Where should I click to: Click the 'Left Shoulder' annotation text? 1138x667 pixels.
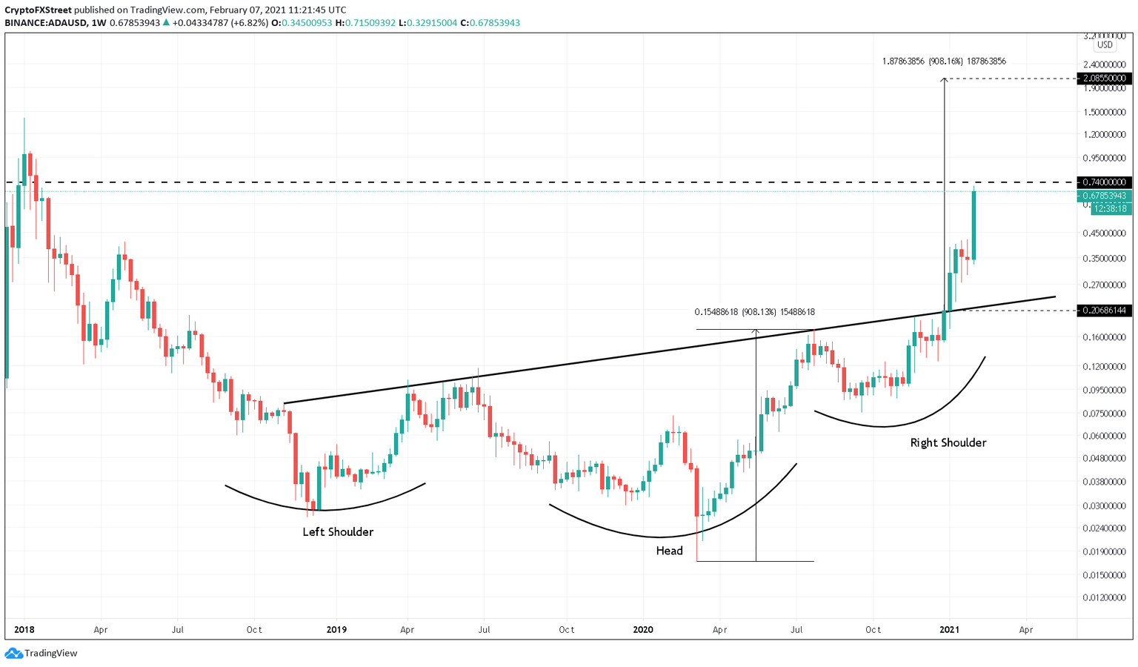[x=338, y=532]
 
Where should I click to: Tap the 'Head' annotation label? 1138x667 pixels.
[x=669, y=551]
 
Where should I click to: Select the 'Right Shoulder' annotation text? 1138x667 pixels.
[x=948, y=443]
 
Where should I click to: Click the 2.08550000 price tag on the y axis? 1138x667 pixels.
[x=1104, y=79]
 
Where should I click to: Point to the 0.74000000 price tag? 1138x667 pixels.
[x=1104, y=182]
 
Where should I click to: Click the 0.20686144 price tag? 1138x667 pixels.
[x=1104, y=311]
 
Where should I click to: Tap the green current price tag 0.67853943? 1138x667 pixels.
[x=1104, y=196]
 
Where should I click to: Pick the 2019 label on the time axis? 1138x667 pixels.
[x=336, y=630]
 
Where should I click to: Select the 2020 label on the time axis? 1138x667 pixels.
[x=643, y=630]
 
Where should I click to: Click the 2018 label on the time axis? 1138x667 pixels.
[x=24, y=630]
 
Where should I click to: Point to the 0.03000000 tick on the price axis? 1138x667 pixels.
[x=1104, y=506]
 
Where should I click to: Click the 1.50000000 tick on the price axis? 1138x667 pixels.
[x=1104, y=113]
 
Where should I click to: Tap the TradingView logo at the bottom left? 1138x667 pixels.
[x=41, y=653]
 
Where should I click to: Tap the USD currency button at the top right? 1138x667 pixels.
[x=1105, y=45]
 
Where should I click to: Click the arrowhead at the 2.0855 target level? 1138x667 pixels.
[x=944, y=80]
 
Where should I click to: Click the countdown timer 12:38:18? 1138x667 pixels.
[x=1108, y=209]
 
